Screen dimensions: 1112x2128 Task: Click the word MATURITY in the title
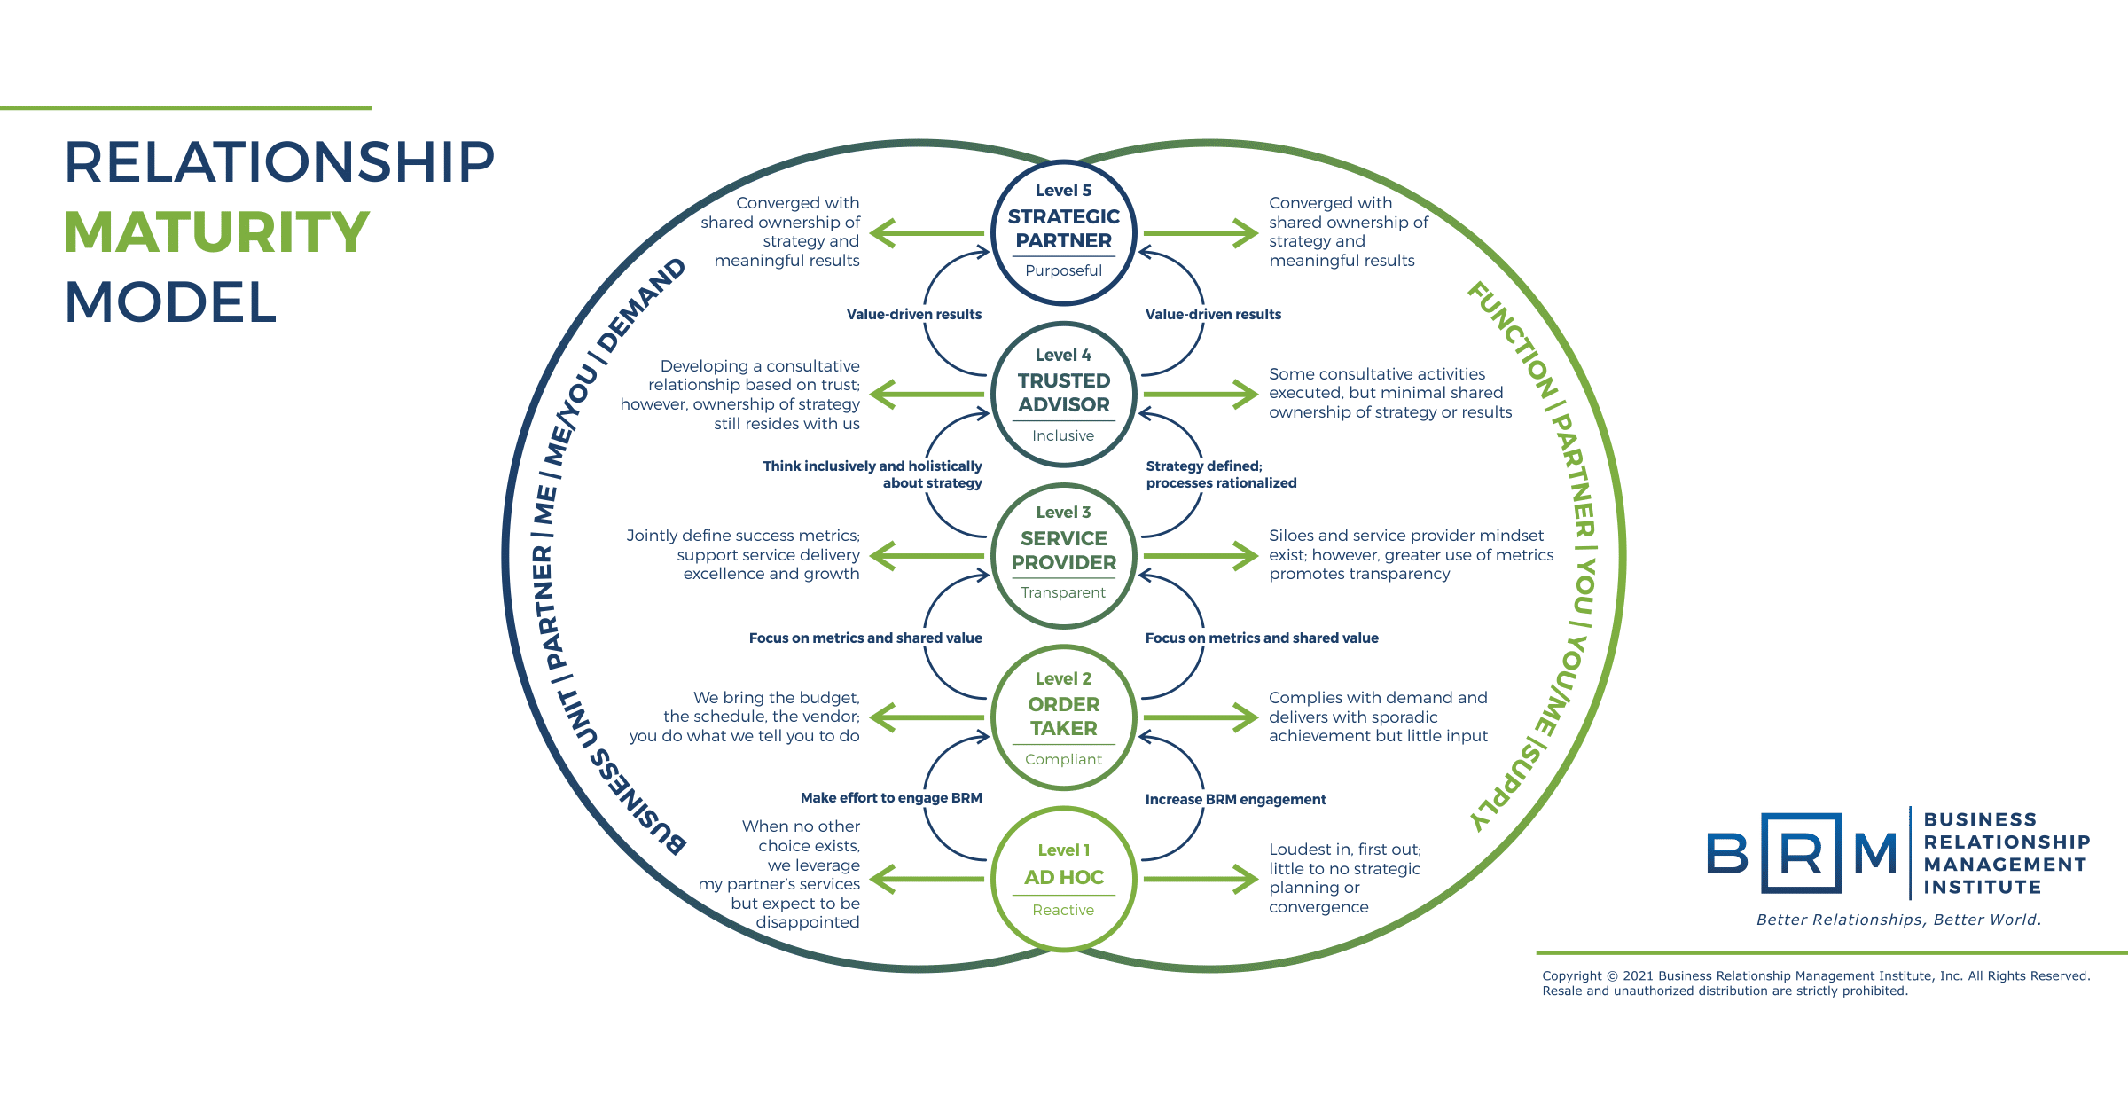coord(216,232)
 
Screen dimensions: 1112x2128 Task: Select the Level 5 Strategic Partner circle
coord(1063,232)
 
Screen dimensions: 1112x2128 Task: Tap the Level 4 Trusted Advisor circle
coord(1063,394)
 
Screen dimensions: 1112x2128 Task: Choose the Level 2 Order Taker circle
coord(1063,717)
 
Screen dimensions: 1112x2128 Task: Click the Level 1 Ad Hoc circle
coord(1063,878)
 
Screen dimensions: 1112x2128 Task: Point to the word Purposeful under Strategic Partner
coord(1063,270)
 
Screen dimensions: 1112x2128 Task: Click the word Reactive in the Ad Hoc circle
coord(1063,910)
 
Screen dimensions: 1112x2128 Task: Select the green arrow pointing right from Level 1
coord(1201,879)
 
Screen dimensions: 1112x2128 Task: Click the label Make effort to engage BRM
coord(890,797)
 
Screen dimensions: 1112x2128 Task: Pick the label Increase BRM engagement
coord(1235,799)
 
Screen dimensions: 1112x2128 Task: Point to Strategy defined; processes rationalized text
coord(1220,474)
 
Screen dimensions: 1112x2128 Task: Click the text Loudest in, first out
coord(1344,850)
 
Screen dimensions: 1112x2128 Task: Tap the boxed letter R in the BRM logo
coord(1801,853)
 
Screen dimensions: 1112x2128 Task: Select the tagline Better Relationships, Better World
coord(1898,920)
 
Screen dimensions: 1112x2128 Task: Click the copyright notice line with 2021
coord(1815,975)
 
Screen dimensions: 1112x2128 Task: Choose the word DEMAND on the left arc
coord(641,305)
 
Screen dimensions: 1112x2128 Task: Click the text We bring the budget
coord(776,698)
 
